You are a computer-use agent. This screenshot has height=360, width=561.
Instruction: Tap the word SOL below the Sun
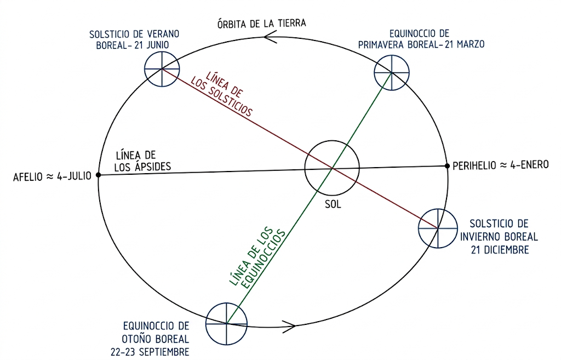[x=333, y=204]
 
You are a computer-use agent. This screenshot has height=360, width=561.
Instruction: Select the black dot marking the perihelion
[x=447, y=165]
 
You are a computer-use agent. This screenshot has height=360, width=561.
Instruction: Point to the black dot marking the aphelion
[x=99, y=175]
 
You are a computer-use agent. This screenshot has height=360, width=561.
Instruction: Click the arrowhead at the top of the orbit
[x=270, y=37]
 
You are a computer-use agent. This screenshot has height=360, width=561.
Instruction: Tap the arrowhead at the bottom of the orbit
[x=289, y=326]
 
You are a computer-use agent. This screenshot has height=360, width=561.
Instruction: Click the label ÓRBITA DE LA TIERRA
[x=261, y=24]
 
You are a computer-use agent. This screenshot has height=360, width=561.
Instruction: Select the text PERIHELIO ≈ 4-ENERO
[x=501, y=165]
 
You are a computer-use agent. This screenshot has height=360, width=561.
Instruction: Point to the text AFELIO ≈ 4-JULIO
[x=52, y=176]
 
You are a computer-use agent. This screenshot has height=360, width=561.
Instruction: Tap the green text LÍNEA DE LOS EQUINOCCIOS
[x=257, y=256]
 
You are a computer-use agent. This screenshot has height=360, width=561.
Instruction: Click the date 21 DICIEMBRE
[x=500, y=249]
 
